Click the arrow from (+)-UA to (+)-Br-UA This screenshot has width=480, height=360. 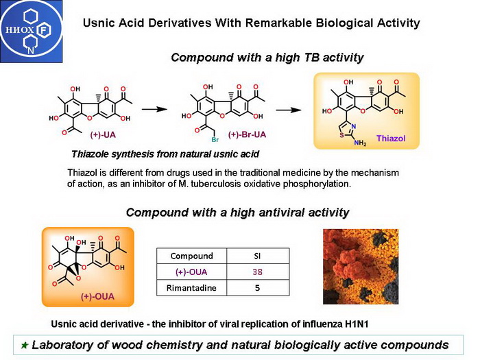(x=160, y=108)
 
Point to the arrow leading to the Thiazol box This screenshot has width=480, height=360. (x=292, y=108)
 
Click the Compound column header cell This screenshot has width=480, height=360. (x=192, y=256)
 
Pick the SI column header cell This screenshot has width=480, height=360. (x=257, y=256)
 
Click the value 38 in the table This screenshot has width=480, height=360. (x=257, y=272)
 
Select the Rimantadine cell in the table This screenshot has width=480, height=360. (x=192, y=288)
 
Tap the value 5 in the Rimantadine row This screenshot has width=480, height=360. (x=257, y=288)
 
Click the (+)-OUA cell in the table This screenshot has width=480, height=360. (x=192, y=272)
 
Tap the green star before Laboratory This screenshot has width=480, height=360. (x=25, y=345)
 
